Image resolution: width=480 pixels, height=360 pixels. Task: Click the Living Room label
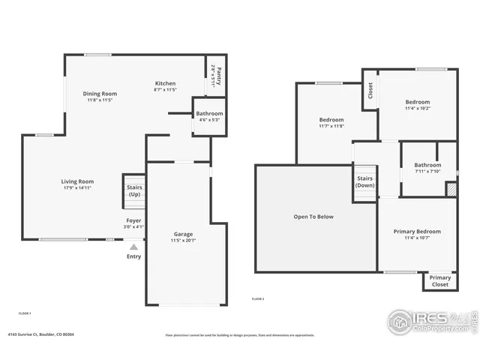click(77, 181)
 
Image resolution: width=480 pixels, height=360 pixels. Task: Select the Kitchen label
click(166, 83)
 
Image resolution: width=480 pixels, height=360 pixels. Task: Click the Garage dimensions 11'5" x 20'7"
click(182, 240)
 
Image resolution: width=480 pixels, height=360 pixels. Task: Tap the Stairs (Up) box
click(134, 191)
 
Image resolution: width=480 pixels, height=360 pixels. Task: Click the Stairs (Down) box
click(365, 182)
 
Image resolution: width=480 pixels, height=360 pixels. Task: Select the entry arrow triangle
click(134, 245)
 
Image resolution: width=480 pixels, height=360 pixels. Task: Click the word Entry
click(134, 256)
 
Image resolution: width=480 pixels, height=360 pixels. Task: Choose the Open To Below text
click(313, 217)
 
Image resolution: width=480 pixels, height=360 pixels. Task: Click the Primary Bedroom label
click(417, 232)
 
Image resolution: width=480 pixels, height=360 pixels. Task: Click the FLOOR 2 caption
click(258, 298)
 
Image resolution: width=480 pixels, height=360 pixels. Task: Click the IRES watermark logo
click(430, 320)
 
